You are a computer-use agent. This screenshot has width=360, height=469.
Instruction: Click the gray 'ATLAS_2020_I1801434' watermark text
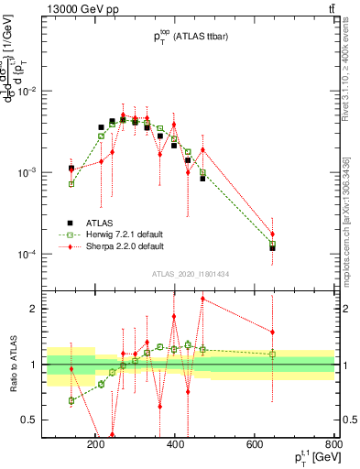pyautogui.click(x=190, y=275)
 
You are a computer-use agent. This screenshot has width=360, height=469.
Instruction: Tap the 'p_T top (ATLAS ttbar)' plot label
pyautogui.click(x=190, y=36)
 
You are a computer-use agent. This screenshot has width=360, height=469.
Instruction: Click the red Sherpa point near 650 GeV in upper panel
pyautogui.click(x=272, y=234)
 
